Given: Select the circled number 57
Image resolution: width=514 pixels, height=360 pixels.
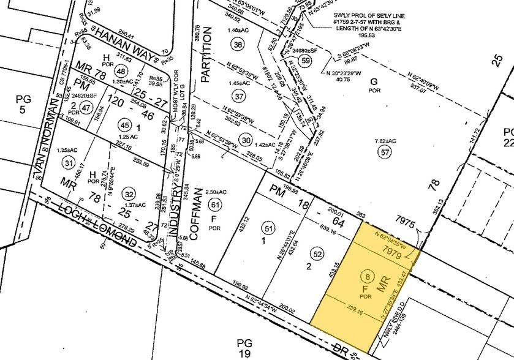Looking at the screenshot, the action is click(385, 153).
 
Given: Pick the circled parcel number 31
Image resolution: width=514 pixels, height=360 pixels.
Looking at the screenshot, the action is click(68, 163).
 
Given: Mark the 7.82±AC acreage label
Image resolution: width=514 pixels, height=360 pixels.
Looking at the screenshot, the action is click(385, 141).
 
